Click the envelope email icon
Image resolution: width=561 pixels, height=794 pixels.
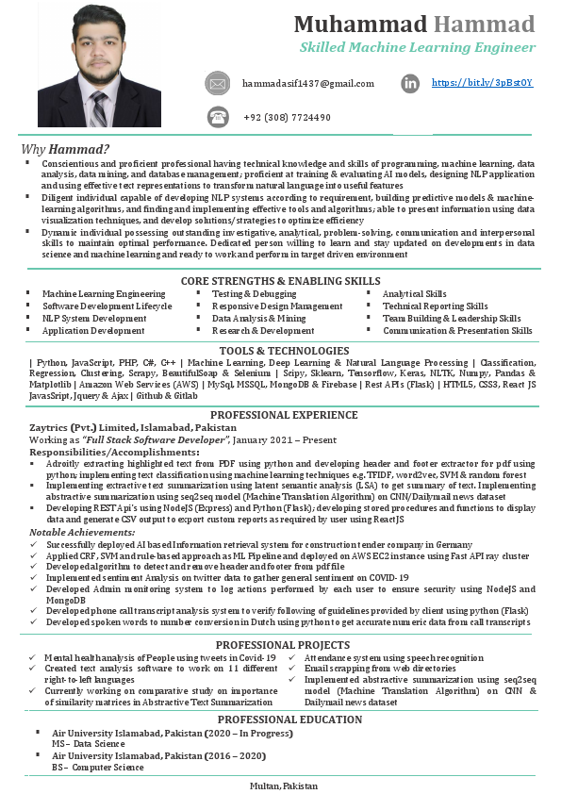pos(218,84)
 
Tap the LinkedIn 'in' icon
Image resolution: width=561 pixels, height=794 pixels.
pos(410,84)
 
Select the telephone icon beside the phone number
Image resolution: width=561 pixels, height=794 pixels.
pos(218,117)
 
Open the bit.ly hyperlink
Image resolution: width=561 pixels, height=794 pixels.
pos(482,83)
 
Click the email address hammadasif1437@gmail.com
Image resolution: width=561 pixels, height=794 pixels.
pos(307,84)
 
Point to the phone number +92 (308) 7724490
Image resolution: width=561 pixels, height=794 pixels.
pos(287,117)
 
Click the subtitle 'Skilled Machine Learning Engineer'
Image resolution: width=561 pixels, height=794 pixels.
pos(417,46)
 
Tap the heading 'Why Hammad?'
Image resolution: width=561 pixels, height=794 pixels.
pos(66,149)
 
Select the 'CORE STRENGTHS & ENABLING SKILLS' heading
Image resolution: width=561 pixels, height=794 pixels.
pos(281,281)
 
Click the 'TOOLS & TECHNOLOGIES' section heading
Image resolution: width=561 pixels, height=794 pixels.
pos(281,351)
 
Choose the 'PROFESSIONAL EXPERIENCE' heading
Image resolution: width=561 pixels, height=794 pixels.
pos(281,415)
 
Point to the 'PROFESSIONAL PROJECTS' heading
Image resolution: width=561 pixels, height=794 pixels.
pos(281,644)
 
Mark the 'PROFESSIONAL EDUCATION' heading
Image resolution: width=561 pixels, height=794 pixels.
pos(281,720)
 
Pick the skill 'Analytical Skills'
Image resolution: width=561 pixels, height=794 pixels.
pos(415,294)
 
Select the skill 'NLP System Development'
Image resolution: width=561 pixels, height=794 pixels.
pos(94,319)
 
